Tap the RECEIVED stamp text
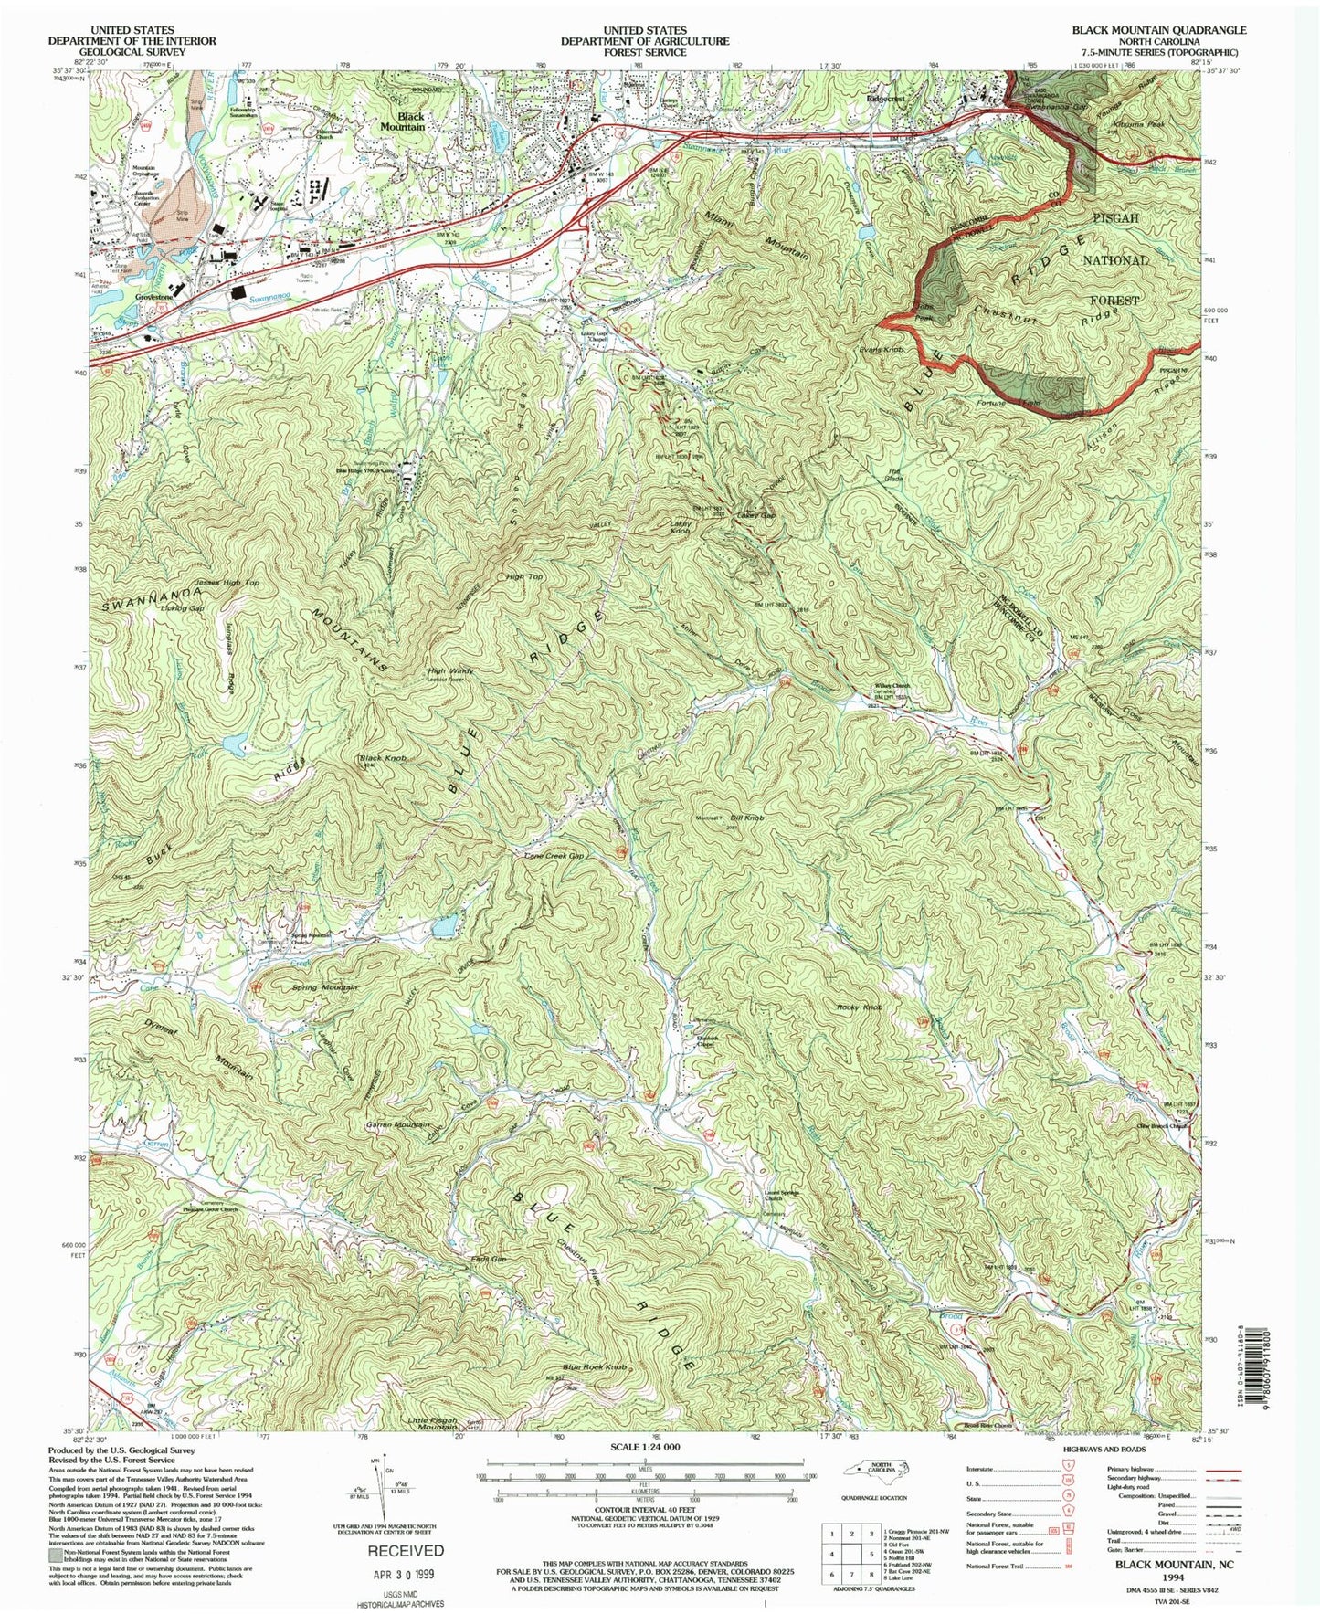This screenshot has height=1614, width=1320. tap(406, 1551)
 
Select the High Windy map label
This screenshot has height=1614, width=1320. tap(448, 673)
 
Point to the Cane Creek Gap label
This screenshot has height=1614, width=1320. tap(553, 856)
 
